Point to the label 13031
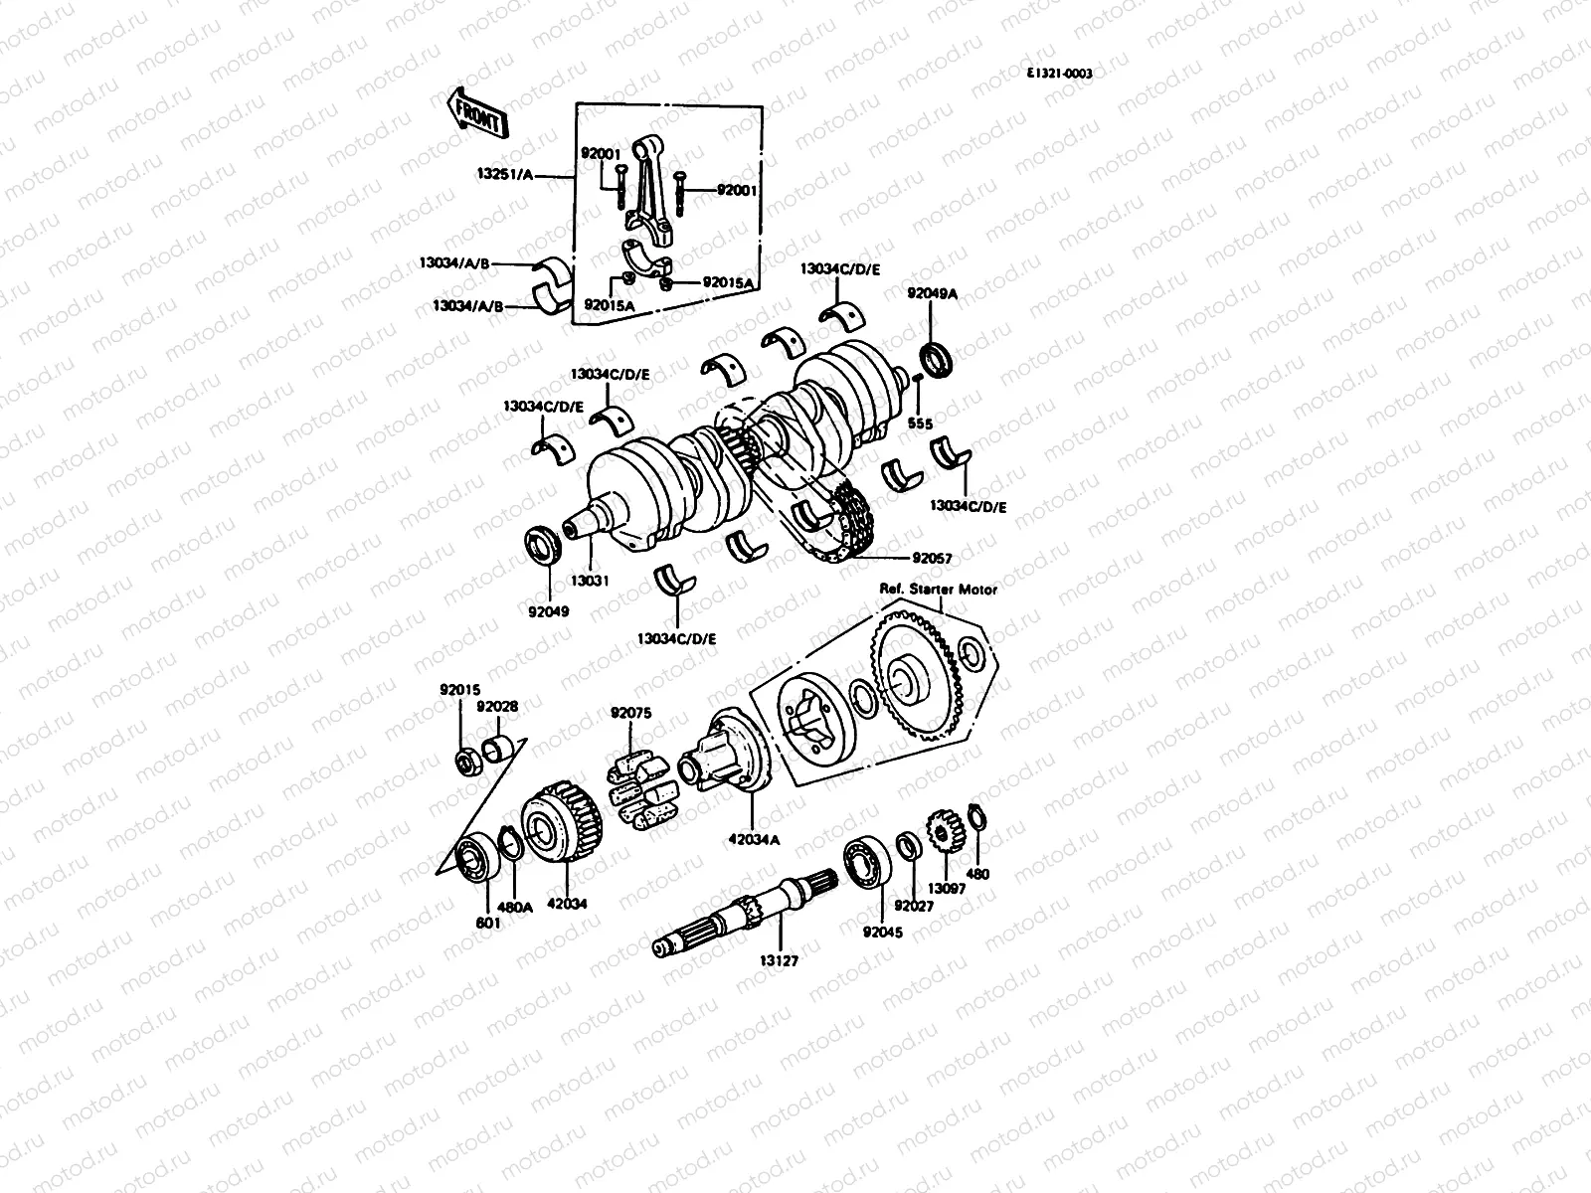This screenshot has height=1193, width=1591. pos(591,579)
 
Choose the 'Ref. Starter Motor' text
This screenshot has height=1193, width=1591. pos(938,590)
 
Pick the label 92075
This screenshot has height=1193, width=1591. pos(630,712)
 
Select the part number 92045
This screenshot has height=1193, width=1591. pos(883,933)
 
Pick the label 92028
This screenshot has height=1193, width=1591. pos(496,706)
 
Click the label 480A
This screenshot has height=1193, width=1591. pos(516,907)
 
